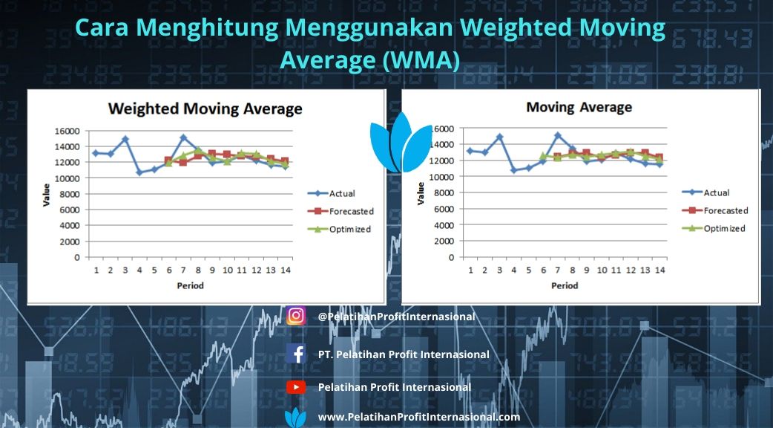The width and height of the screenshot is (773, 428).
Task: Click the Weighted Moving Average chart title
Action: pyautogui.click(x=205, y=109)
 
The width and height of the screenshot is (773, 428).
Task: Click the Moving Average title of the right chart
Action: pyautogui.click(x=579, y=107)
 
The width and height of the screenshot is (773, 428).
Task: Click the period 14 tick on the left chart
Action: pyautogui.click(x=286, y=270)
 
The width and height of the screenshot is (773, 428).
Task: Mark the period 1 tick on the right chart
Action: pyautogui.click(x=470, y=270)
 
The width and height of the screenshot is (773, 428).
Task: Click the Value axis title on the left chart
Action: pyautogui.click(x=46, y=195)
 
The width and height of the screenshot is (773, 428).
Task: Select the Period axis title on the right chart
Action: pyautogui.click(x=565, y=285)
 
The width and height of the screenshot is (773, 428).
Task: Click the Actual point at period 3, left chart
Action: pyautogui.click(x=125, y=139)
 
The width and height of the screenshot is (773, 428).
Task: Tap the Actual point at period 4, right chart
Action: pyautogui.click(x=514, y=170)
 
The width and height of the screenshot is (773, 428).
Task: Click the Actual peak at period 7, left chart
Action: pyautogui.click(x=183, y=137)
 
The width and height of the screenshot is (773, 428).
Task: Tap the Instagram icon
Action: pyautogui.click(x=296, y=316)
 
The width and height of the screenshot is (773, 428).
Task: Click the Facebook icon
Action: pyautogui.click(x=296, y=354)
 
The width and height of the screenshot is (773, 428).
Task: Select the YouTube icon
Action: pyautogui.click(x=296, y=387)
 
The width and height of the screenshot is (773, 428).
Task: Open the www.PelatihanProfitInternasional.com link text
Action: pyautogui.click(x=418, y=417)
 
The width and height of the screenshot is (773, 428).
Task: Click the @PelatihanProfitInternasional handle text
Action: pyautogui.click(x=396, y=317)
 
